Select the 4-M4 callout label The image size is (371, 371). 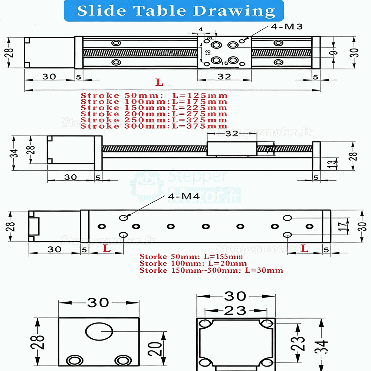tap(184, 196)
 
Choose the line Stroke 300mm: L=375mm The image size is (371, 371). tap(154, 126)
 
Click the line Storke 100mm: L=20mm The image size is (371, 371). tap(193, 263)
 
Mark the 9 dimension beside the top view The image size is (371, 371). tap(335, 53)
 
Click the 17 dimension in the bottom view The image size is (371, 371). tap(344, 226)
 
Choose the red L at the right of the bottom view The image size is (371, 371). tap(305, 249)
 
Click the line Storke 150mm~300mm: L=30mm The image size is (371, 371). tap(211, 270)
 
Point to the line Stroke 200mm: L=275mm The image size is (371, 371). tap(154, 114)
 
